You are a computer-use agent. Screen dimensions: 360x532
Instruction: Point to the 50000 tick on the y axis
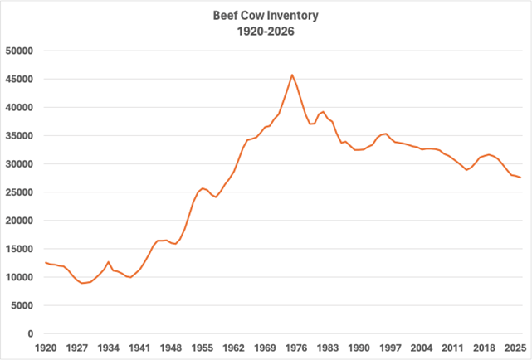click(17, 51)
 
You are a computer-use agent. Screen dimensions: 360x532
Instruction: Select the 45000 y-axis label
click(17, 79)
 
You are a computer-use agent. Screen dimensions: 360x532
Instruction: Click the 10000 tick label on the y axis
click(17, 277)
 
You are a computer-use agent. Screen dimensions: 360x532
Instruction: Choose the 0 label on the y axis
click(29, 333)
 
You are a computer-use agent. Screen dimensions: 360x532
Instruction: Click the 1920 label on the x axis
click(46, 348)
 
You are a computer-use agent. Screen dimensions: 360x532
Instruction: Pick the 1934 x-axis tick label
click(109, 348)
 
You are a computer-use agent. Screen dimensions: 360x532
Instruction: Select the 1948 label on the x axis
click(171, 348)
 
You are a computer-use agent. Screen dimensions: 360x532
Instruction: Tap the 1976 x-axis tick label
click(296, 348)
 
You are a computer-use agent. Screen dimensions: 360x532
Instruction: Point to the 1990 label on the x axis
click(359, 348)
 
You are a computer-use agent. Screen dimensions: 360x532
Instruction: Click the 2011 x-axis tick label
click(452, 348)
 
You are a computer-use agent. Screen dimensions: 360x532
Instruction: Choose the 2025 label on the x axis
click(515, 348)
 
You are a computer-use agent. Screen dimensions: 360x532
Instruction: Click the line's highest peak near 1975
click(291, 75)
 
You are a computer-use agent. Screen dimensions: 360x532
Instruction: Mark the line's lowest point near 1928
click(82, 283)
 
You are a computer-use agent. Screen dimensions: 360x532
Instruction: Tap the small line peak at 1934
click(109, 262)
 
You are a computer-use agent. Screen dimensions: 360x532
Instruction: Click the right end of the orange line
click(520, 178)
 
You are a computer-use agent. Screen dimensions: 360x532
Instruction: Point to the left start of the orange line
click(46, 262)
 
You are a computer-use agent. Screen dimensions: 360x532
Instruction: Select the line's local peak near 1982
click(323, 111)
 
